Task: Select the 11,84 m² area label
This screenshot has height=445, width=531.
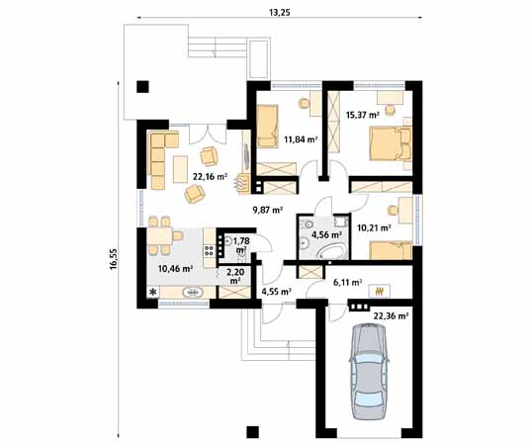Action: [x=301, y=140]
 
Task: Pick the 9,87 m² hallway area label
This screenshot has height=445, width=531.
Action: [x=267, y=210]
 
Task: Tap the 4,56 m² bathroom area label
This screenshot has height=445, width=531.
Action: [x=326, y=235]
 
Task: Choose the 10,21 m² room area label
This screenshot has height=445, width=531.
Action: [x=373, y=227]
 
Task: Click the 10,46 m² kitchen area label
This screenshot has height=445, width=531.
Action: [x=175, y=267]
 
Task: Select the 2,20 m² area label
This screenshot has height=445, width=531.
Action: [x=235, y=276]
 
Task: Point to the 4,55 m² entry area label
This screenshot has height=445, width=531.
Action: [x=275, y=292]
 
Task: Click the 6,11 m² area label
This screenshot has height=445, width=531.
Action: [x=347, y=283]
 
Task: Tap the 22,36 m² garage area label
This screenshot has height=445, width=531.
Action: [x=391, y=315]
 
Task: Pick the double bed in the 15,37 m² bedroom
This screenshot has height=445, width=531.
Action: [x=388, y=145]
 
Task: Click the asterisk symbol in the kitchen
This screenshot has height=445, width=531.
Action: [x=152, y=293]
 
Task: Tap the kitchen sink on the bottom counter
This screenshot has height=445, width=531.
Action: [x=193, y=293]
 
